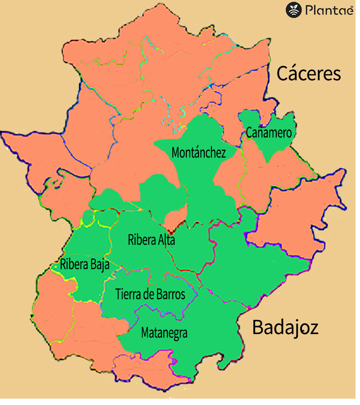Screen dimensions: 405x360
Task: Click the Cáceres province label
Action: [308, 73]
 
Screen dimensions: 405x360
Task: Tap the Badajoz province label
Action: [285, 327]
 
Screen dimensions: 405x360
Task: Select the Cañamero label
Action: [269, 133]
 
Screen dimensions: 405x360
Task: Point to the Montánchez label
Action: [198, 153]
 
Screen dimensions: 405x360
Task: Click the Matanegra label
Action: [164, 333]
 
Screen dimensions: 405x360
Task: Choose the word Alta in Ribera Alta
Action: [165, 240]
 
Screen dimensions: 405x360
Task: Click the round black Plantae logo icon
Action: [293, 10]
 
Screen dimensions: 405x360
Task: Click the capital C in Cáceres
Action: [283, 73]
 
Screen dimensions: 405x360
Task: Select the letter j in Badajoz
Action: [295, 328]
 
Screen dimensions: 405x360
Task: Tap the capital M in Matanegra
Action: [145, 333]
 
